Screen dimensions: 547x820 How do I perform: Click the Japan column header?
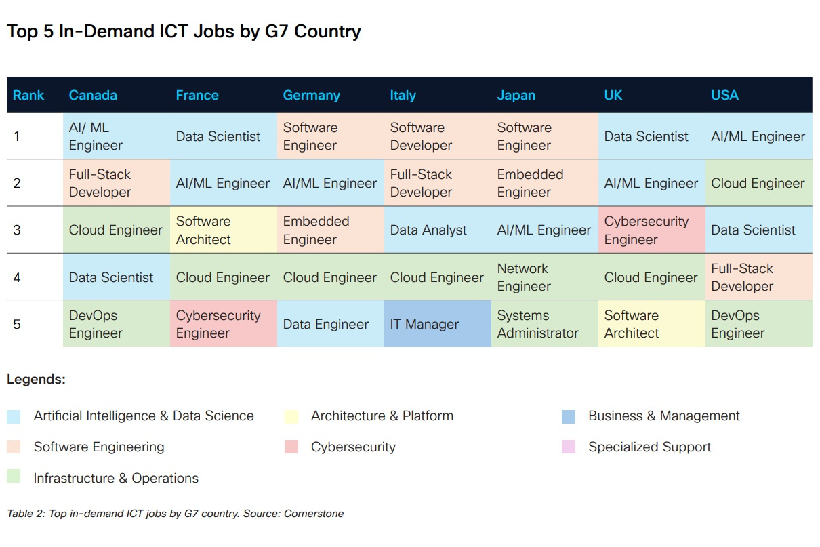(x=516, y=96)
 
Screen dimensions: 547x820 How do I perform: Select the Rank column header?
(x=28, y=96)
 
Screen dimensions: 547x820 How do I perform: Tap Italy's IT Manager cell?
(x=424, y=325)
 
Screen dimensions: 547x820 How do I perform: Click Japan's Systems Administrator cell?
(x=538, y=325)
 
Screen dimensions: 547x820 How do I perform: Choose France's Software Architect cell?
(x=203, y=230)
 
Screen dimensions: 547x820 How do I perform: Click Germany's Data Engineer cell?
(x=326, y=325)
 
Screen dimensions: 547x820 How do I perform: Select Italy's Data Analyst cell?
(x=428, y=230)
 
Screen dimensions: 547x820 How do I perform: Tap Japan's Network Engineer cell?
(x=524, y=277)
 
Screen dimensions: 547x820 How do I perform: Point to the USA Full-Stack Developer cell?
(x=742, y=277)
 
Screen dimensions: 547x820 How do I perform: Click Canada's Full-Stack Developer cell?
(x=100, y=183)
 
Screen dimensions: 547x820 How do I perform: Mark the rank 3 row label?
(x=17, y=230)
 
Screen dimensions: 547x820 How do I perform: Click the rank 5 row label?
(x=17, y=325)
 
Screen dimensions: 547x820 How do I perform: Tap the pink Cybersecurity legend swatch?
(x=291, y=447)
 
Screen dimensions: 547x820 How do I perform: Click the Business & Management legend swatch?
(x=569, y=416)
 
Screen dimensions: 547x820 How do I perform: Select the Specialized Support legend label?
(x=649, y=447)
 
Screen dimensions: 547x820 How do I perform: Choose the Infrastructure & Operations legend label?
(x=116, y=479)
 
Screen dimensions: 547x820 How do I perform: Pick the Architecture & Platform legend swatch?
(x=291, y=416)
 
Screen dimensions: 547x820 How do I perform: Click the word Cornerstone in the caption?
(x=314, y=514)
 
